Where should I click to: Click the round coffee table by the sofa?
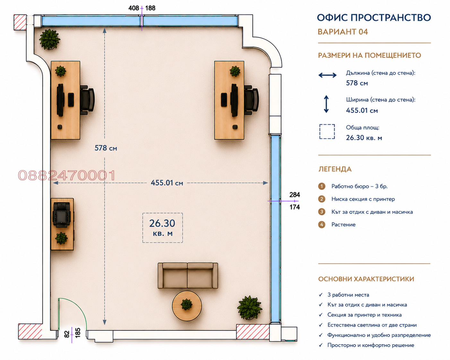(x=187, y=305)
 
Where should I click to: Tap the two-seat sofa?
(x=187, y=276)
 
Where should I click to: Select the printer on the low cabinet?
(x=62, y=214)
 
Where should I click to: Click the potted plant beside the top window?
(x=49, y=39)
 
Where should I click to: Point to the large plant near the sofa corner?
(x=249, y=307)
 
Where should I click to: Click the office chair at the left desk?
(x=87, y=100)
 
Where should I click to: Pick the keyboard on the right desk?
(x=224, y=99)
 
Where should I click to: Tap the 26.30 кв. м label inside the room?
(x=162, y=227)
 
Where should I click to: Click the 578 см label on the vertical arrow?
(x=106, y=148)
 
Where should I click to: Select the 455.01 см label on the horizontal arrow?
(x=167, y=183)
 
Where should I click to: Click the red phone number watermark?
(x=66, y=175)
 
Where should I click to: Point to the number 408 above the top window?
(x=134, y=8)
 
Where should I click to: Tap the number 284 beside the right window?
(x=295, y=195)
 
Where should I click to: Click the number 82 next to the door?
(x=67, y=334)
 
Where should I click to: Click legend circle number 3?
(x=322, y=211)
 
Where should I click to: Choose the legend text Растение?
(x=343, y=225)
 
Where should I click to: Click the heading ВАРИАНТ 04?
(x=343, y=32)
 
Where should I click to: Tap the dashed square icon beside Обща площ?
(x=327, y=132)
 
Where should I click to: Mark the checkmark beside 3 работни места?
(x=321, y=295)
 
